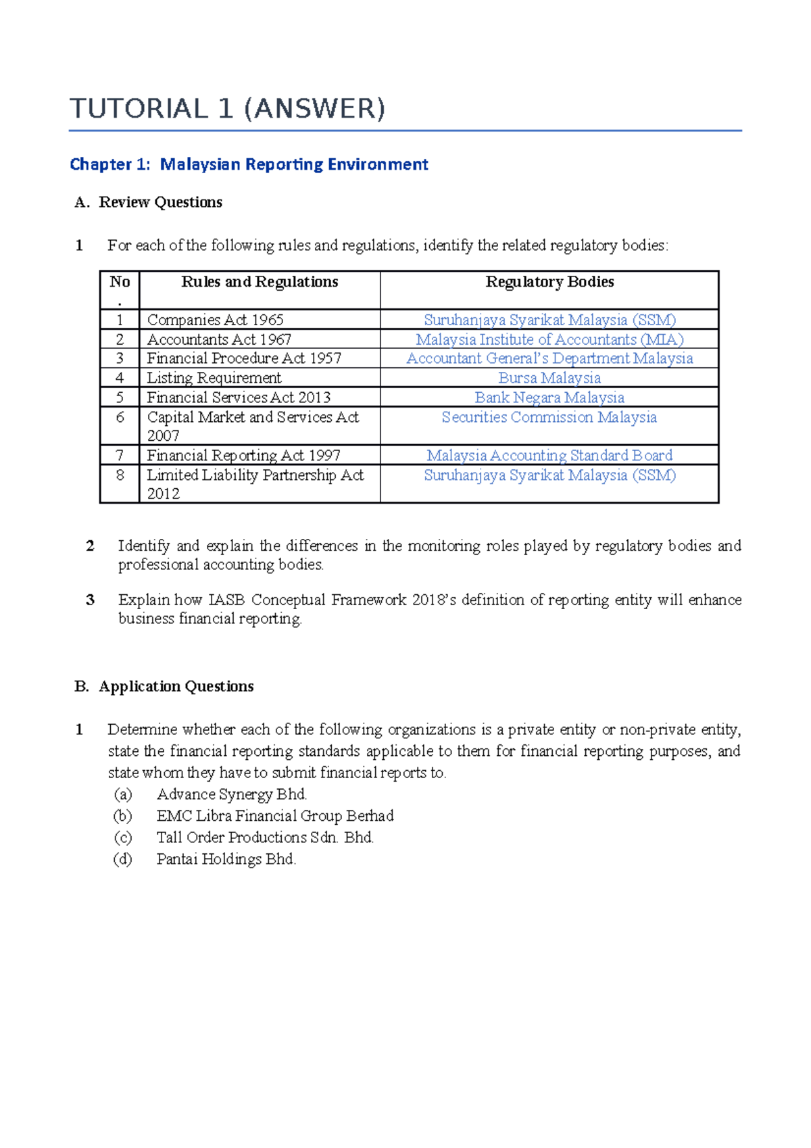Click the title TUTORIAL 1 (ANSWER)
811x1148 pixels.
tap(227, 109)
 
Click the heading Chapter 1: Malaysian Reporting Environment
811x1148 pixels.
tap(249, 164)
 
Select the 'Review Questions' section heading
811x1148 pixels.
tap(160, 202)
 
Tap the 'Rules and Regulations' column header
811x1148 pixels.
tap(260, 282)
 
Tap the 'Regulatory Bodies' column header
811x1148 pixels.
tap(549, 282)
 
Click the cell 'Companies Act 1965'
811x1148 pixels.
tap(215, 320)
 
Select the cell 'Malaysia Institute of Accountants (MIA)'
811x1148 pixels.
tap(549, 339)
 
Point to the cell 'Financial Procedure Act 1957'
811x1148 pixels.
tap(244, 358)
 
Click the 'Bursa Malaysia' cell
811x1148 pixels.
tap(549, 378)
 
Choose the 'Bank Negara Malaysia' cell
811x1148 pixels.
tap(549, 398)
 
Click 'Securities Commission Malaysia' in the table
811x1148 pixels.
tap(549, 417)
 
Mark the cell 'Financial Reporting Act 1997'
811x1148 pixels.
tap(243, 456)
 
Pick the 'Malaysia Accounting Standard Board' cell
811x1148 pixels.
tap(549, 456)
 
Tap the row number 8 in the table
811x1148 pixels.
tap(120, 475)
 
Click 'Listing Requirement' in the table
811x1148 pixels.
tap(214, 378)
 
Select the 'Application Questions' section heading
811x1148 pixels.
tap(176, 686)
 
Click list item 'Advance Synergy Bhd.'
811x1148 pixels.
tap(232, 794)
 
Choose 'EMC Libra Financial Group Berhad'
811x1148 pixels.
tap(275, 816)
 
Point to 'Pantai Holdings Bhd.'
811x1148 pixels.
tap(226, 859)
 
